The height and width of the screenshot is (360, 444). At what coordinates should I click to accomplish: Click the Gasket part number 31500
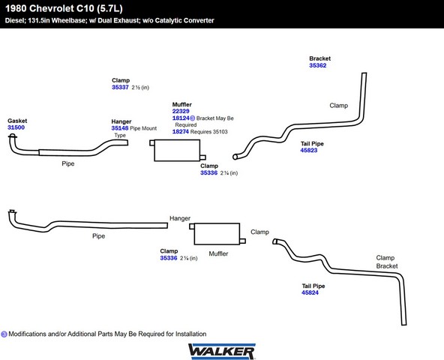tap(16, 127)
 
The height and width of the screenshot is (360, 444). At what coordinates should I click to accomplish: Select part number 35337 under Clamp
tap(120, 87)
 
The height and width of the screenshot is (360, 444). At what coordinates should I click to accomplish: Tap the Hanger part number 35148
tap(120, 128)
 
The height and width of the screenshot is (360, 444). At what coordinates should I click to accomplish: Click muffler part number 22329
tap(181, 111)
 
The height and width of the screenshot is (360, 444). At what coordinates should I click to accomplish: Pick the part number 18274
tap(181, 131)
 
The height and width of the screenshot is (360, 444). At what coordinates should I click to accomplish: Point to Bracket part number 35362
tap(318, 65)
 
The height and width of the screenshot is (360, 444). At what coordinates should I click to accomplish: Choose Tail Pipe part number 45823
tap(309, 150)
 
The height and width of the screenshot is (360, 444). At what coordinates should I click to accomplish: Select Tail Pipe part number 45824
tap(310, 292)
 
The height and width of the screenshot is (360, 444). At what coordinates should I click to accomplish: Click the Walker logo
tap(222, 352)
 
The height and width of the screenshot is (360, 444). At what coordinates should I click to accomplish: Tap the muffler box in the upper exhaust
tap(177, 151)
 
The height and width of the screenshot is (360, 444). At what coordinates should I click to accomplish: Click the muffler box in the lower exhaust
tap(217, 234)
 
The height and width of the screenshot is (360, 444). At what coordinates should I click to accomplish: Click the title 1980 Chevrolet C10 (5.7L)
tap(64, 8)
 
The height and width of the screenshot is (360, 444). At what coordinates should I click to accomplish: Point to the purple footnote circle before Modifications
tap(4, 334)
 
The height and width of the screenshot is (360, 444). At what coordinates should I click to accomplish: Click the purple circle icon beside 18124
tap(193, 118)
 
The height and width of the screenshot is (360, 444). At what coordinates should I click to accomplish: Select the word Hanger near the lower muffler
tap(180, 218)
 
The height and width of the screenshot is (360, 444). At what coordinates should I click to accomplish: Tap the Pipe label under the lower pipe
tap(98, 236)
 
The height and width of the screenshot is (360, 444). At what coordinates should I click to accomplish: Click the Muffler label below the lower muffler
tap(218, 253)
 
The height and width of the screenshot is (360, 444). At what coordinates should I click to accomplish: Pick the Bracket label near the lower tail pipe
tap(387, 266)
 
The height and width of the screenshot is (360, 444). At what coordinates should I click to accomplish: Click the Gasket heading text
tap(17, 121)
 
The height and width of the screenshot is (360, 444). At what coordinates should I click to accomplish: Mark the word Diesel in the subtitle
tap(15, 20)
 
